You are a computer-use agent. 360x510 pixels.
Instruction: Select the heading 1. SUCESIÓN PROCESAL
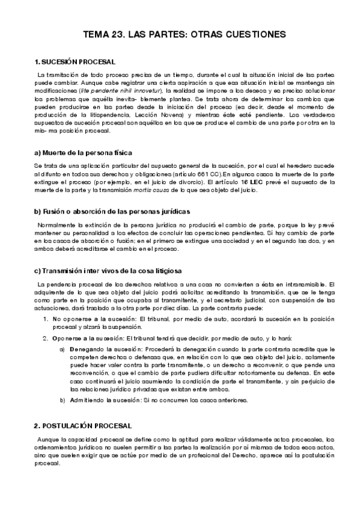tap(75, 62)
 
